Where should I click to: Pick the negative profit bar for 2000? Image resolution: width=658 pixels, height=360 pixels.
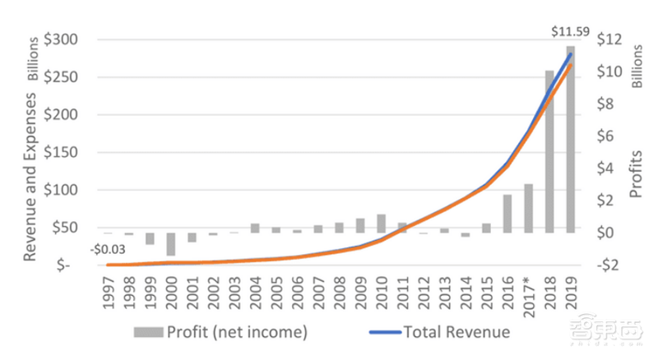coord(170,244)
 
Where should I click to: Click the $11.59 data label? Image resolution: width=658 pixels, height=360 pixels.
coord(569,33)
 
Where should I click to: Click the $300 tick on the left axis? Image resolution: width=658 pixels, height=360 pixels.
coord(63,39)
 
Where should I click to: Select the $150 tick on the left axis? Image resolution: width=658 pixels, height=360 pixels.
coord(63,152)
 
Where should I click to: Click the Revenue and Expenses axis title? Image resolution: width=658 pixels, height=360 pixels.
coord(30,178)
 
